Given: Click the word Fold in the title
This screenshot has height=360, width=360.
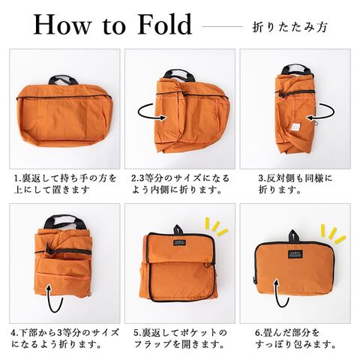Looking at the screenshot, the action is pyautogui.click(x=165, y=24).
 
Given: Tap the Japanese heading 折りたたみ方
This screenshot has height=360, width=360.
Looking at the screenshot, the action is pyautogui.click(x=289, y=27).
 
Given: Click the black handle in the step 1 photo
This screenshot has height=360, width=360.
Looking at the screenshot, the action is pyautogui.click(x=63, y=79).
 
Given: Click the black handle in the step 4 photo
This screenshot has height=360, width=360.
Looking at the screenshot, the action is pyautogui.click(x=64, y=220).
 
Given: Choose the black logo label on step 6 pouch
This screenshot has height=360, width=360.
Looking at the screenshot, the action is pyautogui.click(x=295, y=254).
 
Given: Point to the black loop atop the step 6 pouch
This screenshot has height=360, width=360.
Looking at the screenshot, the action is pyautogui.click(x=294, y=236).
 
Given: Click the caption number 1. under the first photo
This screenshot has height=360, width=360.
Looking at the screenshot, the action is pyautogui.click(x=17, y=178).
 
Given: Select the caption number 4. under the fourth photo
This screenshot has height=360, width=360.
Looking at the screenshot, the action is pyautogui.click(x=15, y=333).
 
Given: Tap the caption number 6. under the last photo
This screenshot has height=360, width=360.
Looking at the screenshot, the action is pyautogui.click(x=259, y=333).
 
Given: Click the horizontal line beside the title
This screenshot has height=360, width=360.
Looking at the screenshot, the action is pyautogui.click(x=223, y=26).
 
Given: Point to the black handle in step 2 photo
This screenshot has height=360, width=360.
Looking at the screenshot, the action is pyautogui.click(x=179, y=75).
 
